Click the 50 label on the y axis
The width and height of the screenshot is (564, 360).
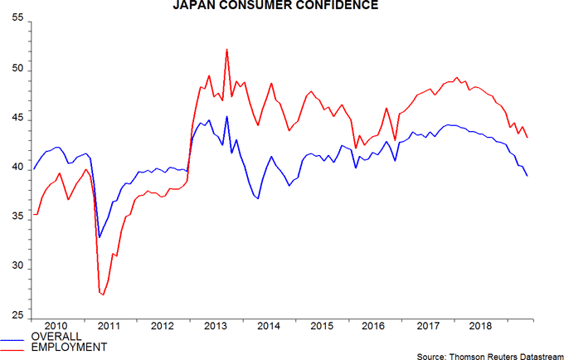pos(16,71)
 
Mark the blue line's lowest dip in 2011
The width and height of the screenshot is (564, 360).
pos(100,237)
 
